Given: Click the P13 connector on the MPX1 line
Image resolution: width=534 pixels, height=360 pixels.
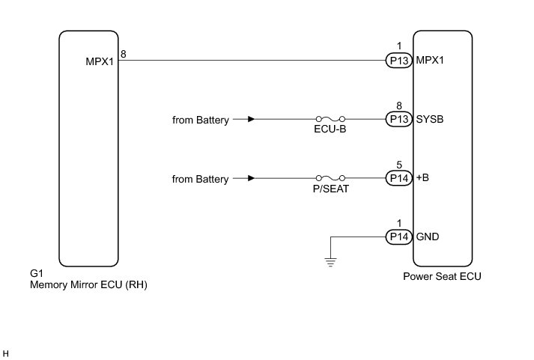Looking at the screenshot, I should tap(398, 61).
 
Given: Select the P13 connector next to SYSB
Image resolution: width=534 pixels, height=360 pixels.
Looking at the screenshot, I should tap(398, 119).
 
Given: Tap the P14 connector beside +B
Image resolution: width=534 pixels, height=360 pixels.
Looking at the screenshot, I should tap(398, 178).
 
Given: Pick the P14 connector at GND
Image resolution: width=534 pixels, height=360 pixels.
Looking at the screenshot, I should tap(398, 237).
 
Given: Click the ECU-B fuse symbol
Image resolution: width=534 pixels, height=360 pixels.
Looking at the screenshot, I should tap(330, 119).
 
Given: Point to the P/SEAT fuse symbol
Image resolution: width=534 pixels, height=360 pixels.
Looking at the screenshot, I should tap(330, 178).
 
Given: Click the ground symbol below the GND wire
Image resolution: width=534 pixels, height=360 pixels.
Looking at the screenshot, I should tap(330, 261).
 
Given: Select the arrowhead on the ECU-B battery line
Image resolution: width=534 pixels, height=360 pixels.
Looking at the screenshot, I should tap(251, 119).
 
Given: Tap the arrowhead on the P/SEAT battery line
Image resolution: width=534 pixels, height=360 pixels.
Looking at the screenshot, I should tap(251, 178).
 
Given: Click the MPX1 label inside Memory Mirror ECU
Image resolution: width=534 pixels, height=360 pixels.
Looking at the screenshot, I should tap(99, 61).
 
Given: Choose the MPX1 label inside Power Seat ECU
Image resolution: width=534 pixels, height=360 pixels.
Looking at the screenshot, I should tap(430, 61).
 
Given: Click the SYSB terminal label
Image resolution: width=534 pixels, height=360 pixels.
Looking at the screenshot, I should tap(430, 119).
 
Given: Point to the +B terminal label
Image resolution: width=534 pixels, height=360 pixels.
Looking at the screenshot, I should tap(423, 178).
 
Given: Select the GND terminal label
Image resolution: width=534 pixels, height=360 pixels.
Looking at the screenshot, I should tap(428, 237).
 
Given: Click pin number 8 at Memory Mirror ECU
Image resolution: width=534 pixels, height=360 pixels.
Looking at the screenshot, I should tap(124, 54).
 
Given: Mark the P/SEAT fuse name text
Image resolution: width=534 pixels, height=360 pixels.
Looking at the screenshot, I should tap(330, 189).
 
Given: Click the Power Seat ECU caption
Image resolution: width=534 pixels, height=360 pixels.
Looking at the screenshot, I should tap(443, 276).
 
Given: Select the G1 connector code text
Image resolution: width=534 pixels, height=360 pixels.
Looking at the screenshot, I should tap(34, 274).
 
